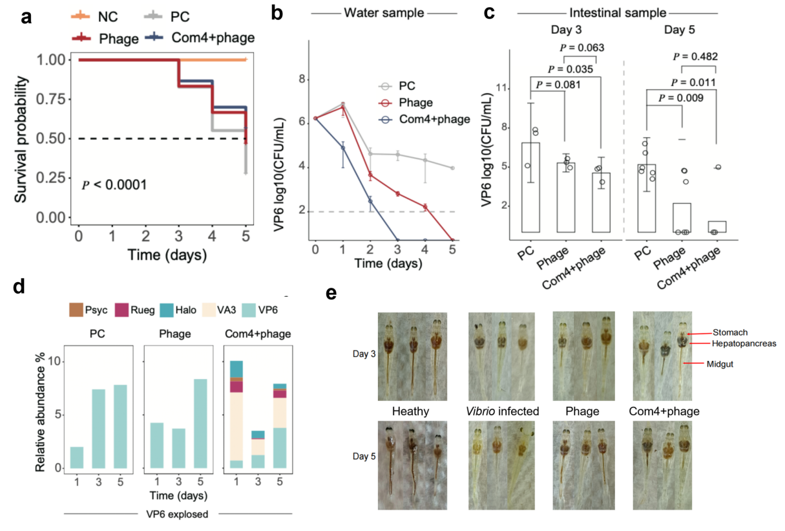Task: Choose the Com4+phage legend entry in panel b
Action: click(x=434, y=119)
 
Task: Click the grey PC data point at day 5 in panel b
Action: click(x=452, y=168)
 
